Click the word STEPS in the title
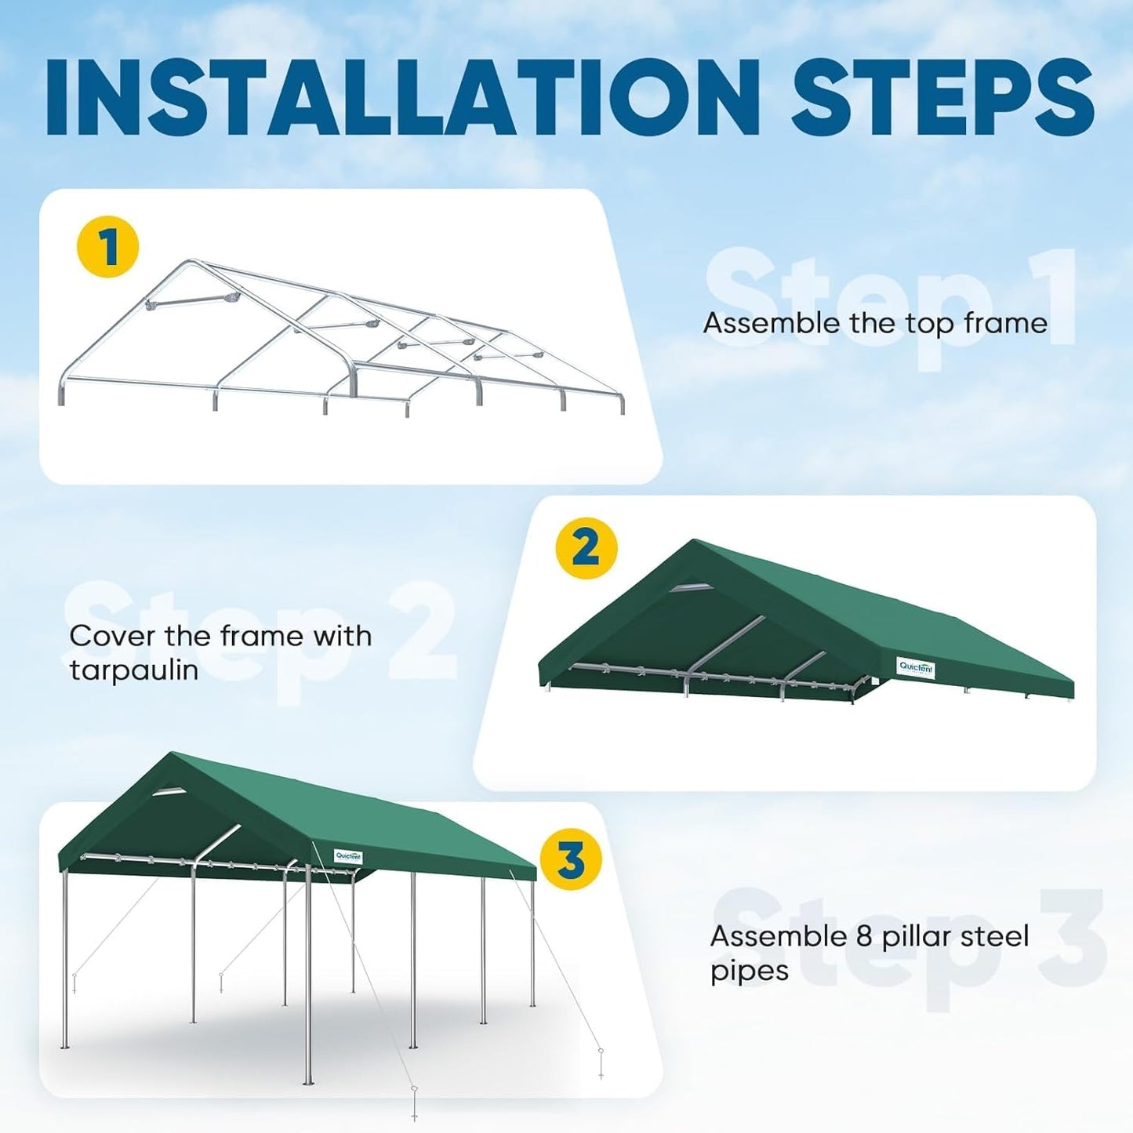pos(942,96)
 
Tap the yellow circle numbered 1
pos(107,248)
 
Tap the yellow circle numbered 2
pos(586,548)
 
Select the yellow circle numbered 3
pos(571,859)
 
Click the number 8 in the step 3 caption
pos(861,936)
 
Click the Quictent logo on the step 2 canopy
pos(916,667)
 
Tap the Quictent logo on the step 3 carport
pos(347,855)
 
